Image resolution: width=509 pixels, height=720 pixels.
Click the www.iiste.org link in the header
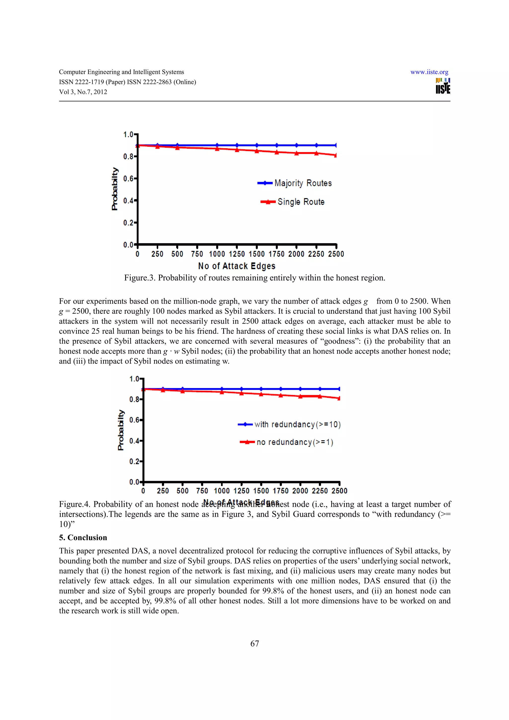[429, 72]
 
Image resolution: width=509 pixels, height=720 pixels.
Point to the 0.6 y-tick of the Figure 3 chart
[128, 179]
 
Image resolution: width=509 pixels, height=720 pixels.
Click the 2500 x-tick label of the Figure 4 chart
[339, 491]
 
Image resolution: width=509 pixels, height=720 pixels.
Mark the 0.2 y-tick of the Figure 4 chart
[134, 461]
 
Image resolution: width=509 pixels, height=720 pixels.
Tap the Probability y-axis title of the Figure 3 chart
[115, 189]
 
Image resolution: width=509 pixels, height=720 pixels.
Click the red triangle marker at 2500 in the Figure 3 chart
[336, 155]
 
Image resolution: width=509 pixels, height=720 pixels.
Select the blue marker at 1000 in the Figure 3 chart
[217, 145]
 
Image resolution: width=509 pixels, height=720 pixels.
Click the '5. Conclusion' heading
[83, 537]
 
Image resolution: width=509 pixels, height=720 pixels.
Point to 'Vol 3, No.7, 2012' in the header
[83, 92]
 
